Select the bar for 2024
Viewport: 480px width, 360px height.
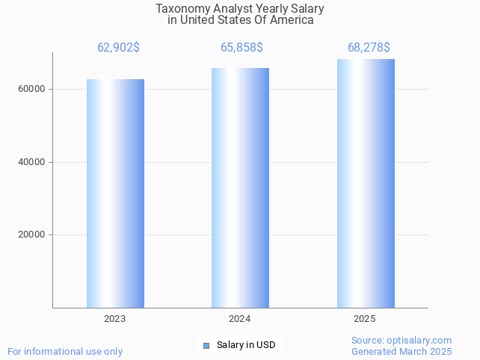[x=240, y=187]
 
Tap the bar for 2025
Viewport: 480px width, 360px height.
[x=366, y=183]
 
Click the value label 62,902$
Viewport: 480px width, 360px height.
[x=118, y=48]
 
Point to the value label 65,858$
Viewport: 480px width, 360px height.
[x=241, y=48]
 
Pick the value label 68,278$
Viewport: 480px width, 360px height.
[x=369, y=48]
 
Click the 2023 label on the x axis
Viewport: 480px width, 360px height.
[x=115, y=319]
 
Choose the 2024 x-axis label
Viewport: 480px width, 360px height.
[x=240, y=319]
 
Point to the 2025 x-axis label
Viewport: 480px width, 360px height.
[x=365, y=319]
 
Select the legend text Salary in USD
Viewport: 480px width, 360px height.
[x=246, y=345]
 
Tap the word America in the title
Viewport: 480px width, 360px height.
[x=292, y=21]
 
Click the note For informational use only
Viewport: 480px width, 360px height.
[x=65, y=351]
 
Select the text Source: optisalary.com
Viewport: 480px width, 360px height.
[x=401, y=340]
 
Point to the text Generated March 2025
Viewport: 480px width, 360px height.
[x=401, y=351]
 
